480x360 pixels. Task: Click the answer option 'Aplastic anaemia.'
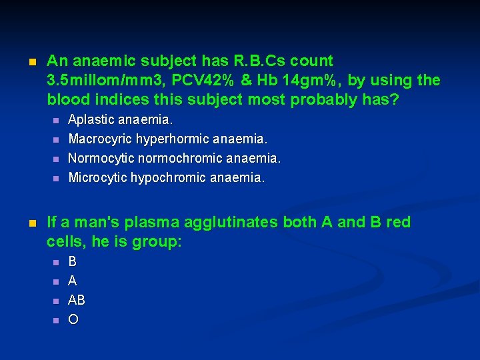(x=121, y=120)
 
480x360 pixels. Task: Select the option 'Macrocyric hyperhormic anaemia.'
(x=167, y=139)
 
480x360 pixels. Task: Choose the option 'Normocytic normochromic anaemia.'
(x=175, y=159)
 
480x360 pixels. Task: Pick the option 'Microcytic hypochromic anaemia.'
(x=167, y=178)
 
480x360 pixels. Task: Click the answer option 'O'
(x=73, y=319)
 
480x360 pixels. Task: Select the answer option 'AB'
(x=77, y=300)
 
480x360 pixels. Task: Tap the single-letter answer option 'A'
(x=73, y=281)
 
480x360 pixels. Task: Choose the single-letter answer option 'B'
(x=73, y=261)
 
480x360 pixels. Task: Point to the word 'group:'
(x=156, y=242)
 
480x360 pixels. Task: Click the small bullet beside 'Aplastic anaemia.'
(x=55, y=121)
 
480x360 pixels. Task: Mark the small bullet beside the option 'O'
(x=55, y=320)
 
